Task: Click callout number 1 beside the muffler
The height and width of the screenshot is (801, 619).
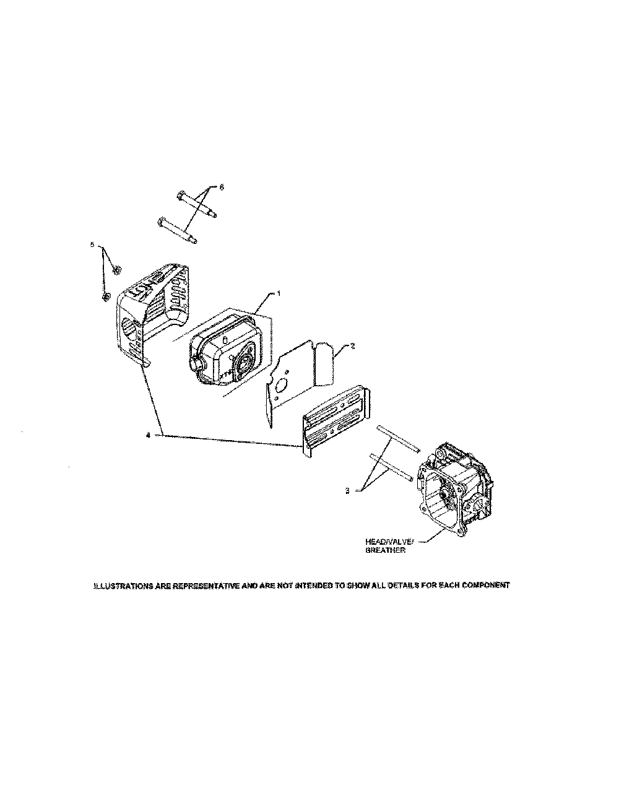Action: (x=278, y=294)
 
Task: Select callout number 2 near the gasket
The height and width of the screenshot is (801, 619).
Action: (x=352, y=347)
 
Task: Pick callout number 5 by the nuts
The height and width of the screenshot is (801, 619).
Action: (x=93, y=245)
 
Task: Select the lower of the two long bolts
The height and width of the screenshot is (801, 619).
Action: (x=178, y=230)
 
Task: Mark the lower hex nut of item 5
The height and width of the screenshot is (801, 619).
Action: (x=106, y=298)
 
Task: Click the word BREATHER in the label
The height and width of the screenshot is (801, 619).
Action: (x=385, y=550)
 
